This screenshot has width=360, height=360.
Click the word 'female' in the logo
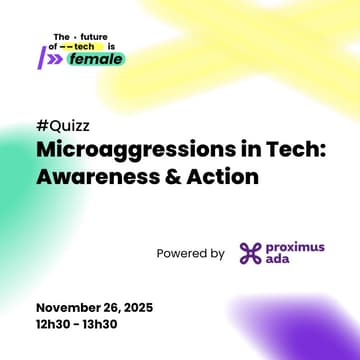[97, 59]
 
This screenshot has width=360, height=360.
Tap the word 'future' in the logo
[95, 36]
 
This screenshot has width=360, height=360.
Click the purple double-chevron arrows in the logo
[54, 59]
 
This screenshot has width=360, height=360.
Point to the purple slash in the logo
[41, 58]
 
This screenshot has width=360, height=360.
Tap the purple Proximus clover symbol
[250, 254]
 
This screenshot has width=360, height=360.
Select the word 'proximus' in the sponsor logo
[296, 247]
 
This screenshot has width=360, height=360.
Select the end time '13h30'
[111, 323]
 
